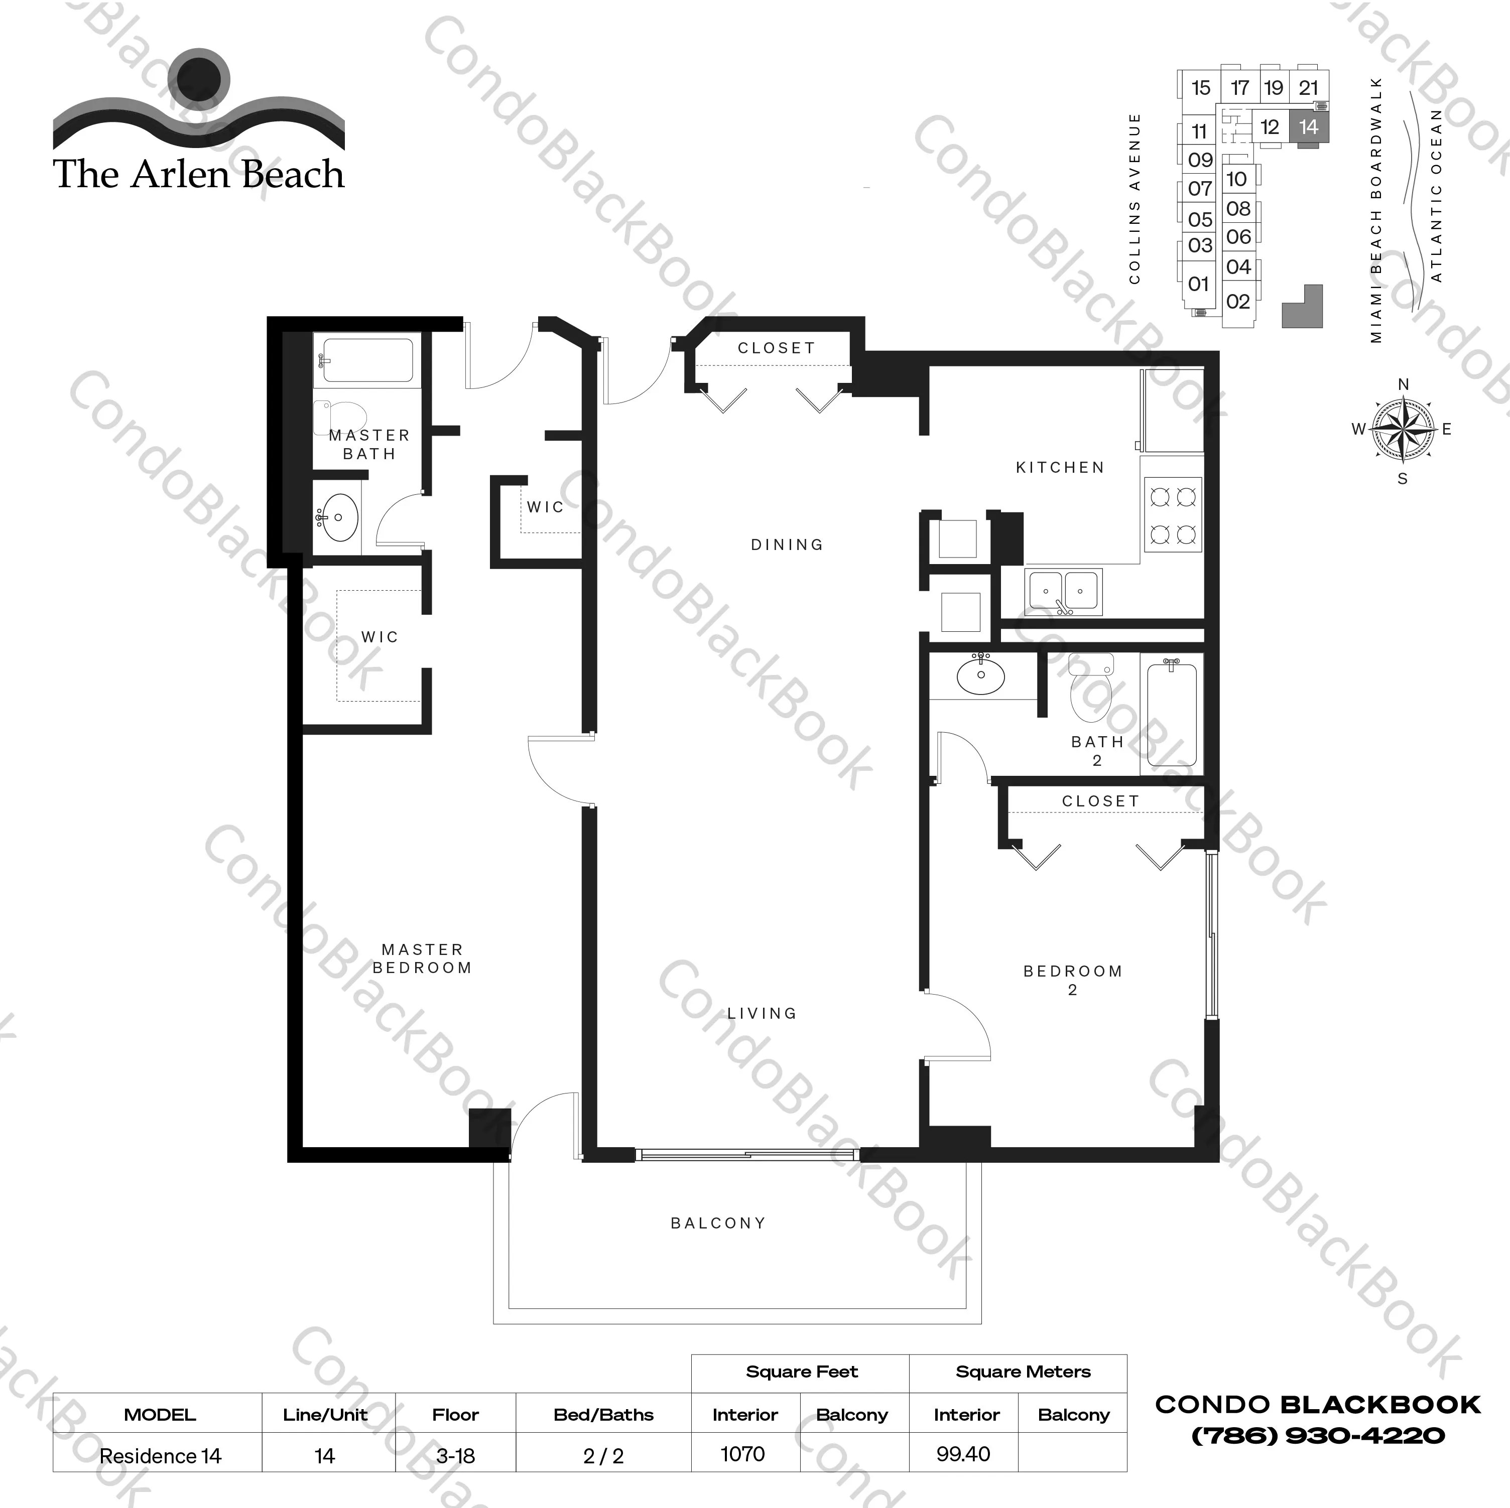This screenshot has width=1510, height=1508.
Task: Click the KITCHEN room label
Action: point(1060,467)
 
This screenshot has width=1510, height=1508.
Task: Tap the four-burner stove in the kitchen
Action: point(1173,516)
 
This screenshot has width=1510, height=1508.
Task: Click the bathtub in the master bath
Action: point(367,360)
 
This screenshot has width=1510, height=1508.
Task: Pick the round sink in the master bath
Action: point(338,516)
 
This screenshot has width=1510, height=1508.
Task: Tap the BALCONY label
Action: point(718,1223)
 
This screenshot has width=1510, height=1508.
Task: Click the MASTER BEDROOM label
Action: point(422,958)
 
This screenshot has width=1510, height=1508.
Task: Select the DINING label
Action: point(787,544)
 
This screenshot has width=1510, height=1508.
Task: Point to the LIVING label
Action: point(762,1013)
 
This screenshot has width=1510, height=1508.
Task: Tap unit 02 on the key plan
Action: point(1238,302)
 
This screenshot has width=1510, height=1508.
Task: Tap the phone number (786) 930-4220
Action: point(1318,1435)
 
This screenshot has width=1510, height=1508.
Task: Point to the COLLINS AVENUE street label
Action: point(1135,198)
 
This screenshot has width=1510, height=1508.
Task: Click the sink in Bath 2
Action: point(981,676)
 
